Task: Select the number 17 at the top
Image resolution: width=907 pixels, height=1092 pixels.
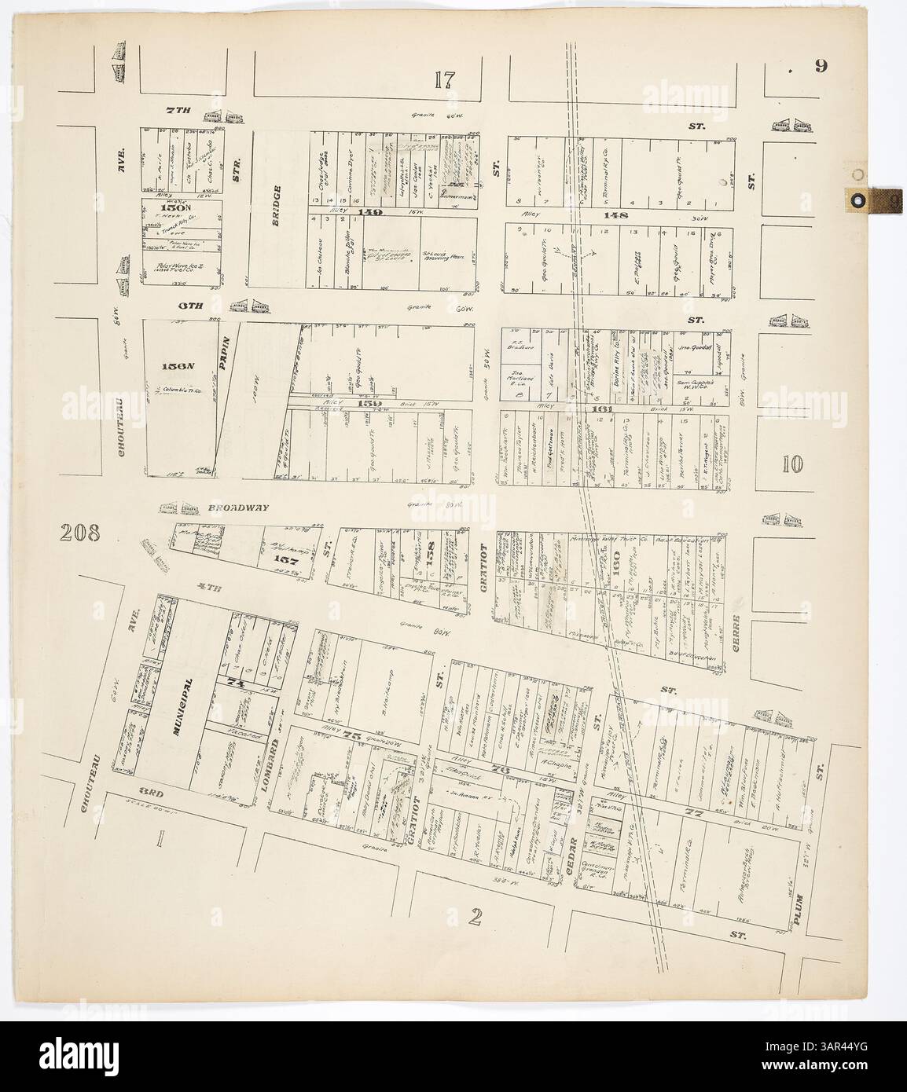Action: click(x=444, y=79)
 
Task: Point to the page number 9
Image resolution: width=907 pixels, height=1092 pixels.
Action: click(x=820, y=66)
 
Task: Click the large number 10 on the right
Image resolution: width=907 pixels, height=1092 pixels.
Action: click(x=792, y=464)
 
